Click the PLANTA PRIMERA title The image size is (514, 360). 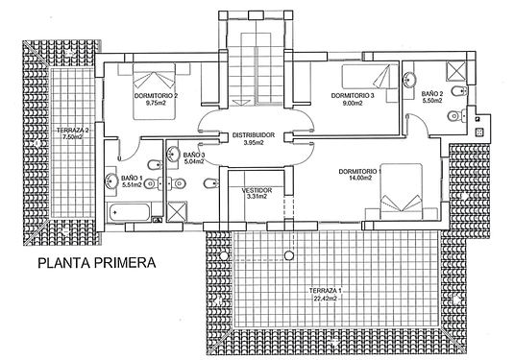click(x=97, y=263)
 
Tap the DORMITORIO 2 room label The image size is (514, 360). click(x=156, y=96)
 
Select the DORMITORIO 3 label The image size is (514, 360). click(x=353, y=96)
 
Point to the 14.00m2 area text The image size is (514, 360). click(x=360, y=178)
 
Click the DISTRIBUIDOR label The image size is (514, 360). click(x=254, y=135)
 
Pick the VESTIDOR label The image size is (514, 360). click(x=257, y=190)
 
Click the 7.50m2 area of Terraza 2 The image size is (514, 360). click(x=72, y=137)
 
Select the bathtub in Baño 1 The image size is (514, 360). click(x=129, y=212)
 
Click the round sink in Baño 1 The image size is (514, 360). click(x=112, y=180)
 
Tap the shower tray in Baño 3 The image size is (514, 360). click(x=177, y=211)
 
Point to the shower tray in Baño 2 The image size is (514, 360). click(x=455, y=71)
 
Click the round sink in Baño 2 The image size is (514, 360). click(x=409, y=80)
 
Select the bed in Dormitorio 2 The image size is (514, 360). click(x=154, y=91)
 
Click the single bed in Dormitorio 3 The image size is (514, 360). click(x=370, y=77)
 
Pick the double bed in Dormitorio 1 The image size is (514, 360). click(x=401, y=192)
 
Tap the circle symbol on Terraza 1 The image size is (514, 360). click(x=289, y=255)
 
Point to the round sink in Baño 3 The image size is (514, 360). click(x=173, y=154)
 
